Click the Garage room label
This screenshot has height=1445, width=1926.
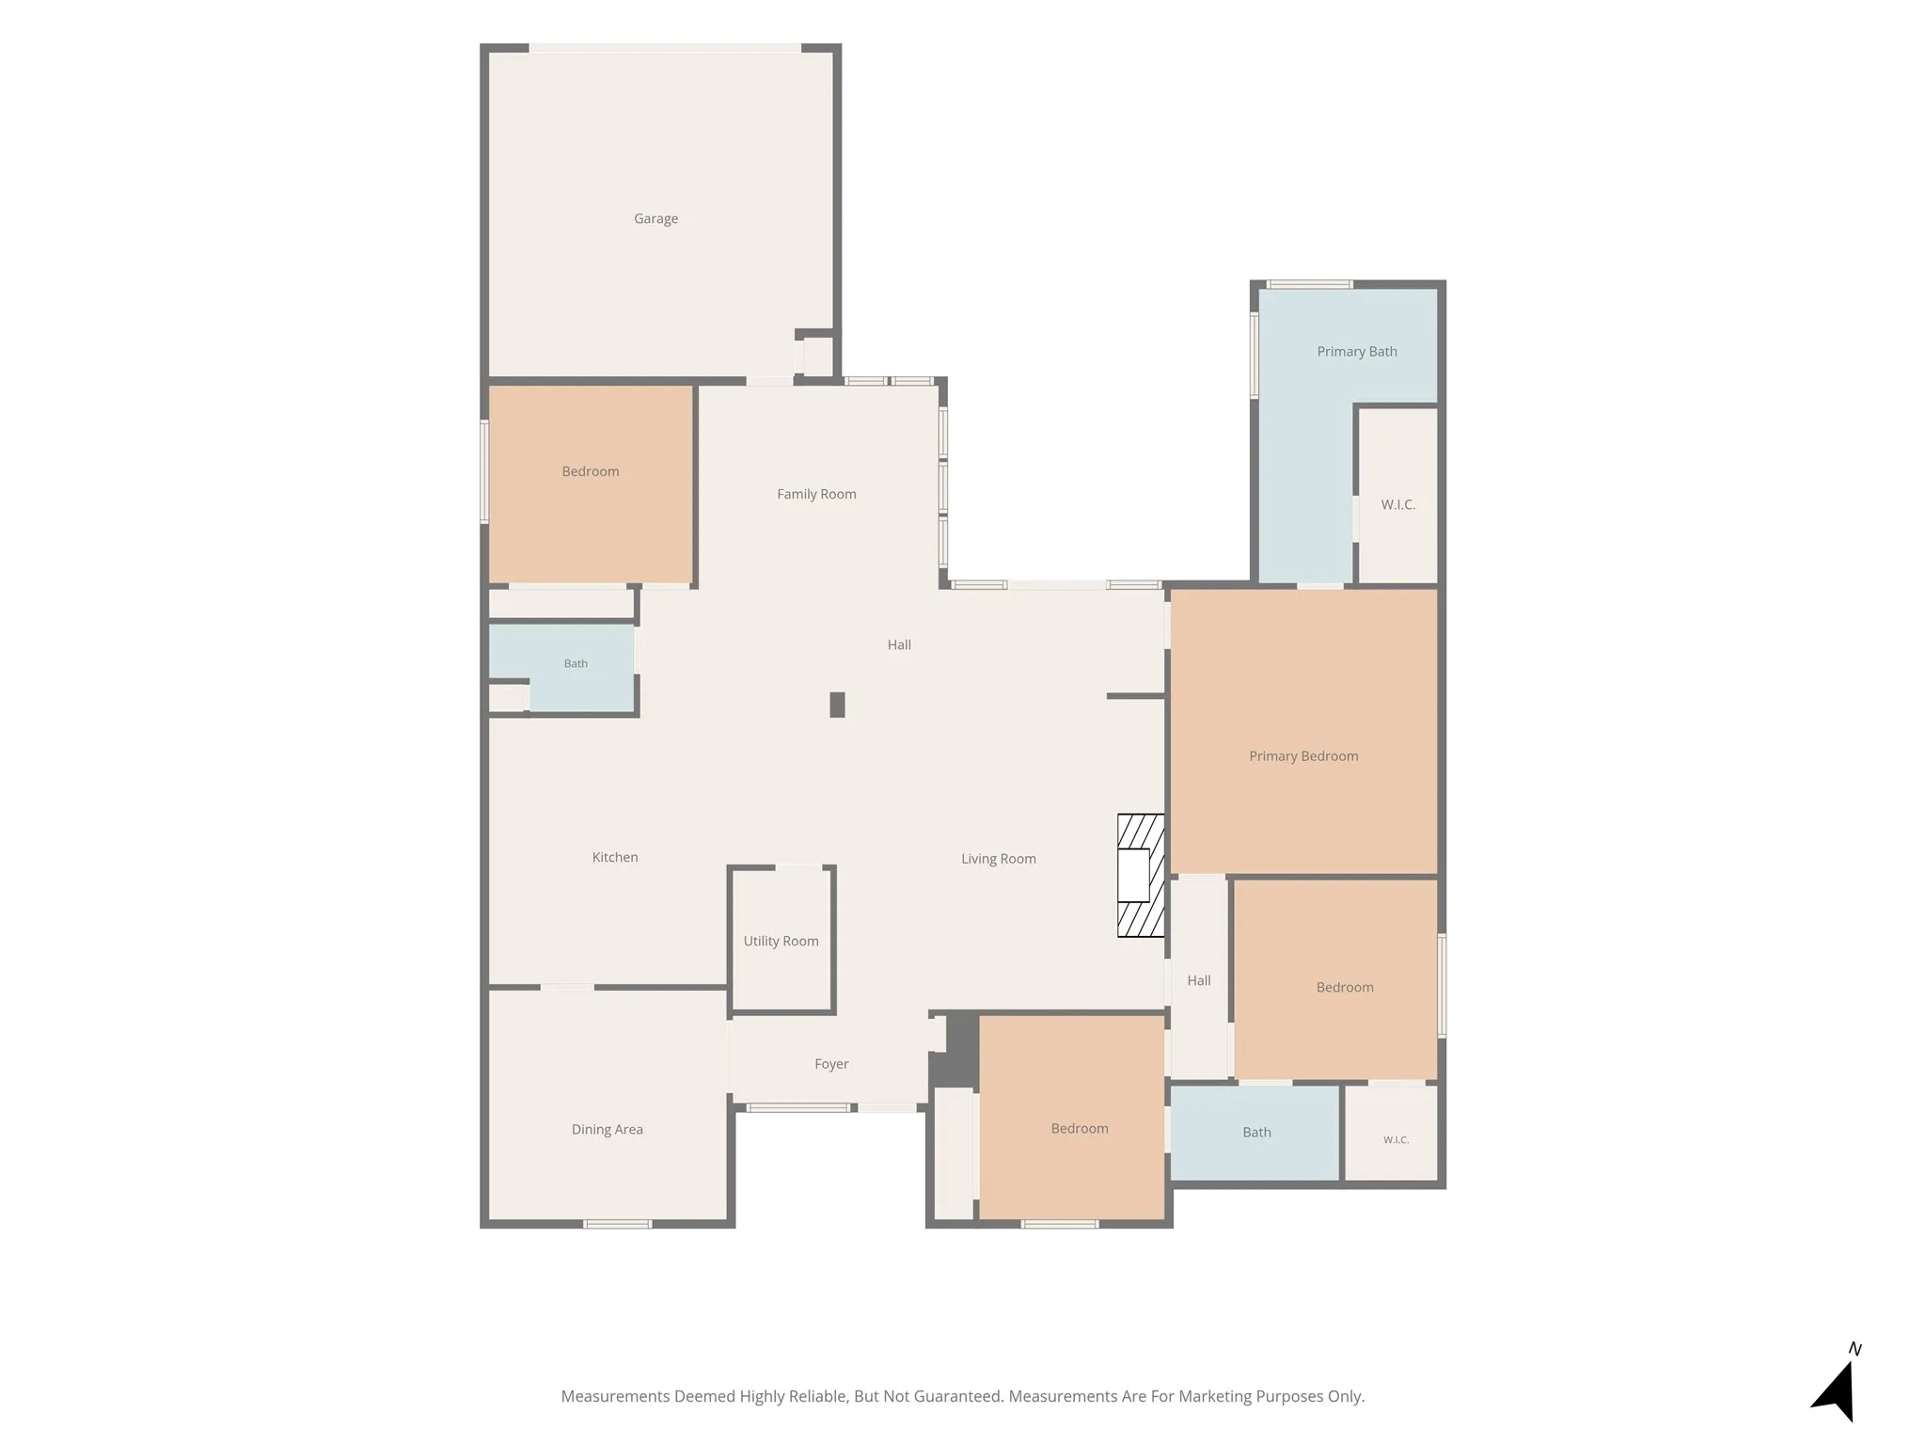point(655,218)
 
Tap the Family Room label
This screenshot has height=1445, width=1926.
point(816,494)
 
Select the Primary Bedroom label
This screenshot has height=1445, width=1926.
point(1303,756)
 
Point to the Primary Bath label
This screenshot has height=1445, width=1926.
point(1357,352)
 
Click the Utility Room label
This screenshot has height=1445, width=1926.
point(781,941)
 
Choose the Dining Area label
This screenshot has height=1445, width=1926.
point(608,1130)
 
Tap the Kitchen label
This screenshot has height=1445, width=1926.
point(615,857)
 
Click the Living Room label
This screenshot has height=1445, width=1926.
point(999,859)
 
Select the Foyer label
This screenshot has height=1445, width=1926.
point(831,1064)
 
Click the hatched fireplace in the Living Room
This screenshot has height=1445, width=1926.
point(1141,875)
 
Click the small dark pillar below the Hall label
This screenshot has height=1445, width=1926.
point(837,705)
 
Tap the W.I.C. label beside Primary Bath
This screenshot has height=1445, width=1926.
point(1398,505)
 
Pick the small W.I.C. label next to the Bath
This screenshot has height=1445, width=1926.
point(1396,1140)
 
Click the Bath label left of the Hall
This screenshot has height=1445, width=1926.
point(576,664)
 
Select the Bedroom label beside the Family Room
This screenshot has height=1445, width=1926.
point(591,471)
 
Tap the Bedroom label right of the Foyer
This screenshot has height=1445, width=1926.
point(1080,1129)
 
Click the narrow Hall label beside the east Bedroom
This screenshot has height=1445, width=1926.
point(1199,980)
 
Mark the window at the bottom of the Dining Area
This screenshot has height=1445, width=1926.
point(617,1224)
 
